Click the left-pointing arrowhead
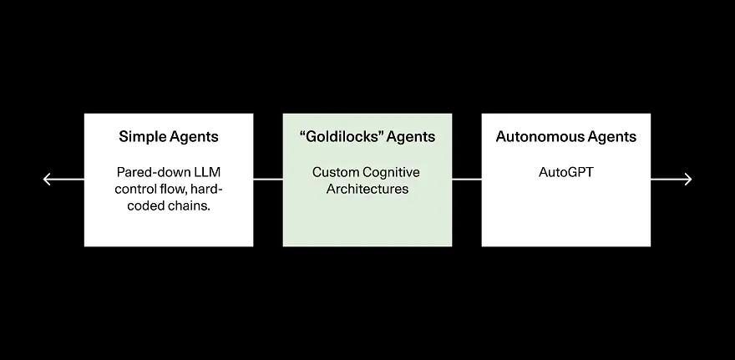click(x=47, y=179)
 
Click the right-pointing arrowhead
click(x=688, y=179)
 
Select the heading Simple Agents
click(x=169, y=137)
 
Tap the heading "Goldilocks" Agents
click(x=367, y=137)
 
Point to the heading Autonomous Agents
click(x=566, y=137)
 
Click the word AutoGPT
click(x=566, y=172)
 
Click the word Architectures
click(x=367, y=189)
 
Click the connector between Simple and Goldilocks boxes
click(x=268, y=179)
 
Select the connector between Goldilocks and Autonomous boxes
click(x=467, y=179)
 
